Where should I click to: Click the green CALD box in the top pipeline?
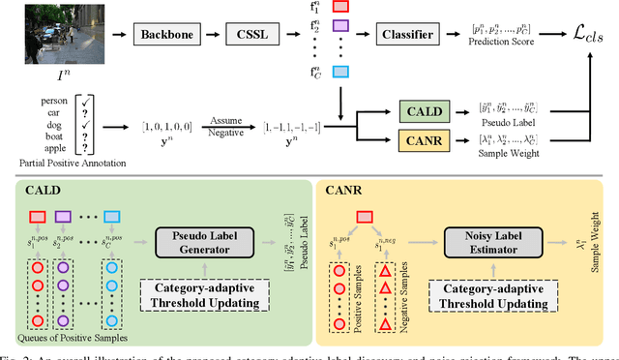tap(425, 114)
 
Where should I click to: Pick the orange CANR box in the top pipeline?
tap(425, 143)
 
